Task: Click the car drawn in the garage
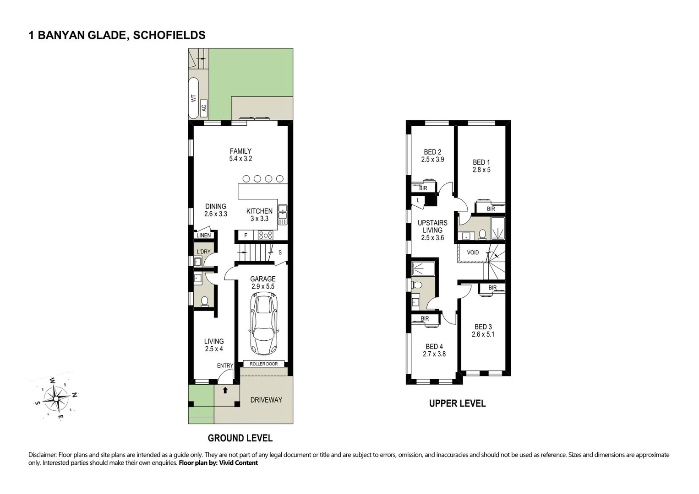coord(263,324)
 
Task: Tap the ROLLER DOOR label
coord(263,364)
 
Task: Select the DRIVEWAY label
coord(266,400)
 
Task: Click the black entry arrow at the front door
coord(225,390)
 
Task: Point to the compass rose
coord(55,398)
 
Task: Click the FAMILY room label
coord(240,151)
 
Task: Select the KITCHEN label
coord(259,211)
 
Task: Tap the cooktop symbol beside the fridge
coord(266,235)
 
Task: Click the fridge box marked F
coord(246,236)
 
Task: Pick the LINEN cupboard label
coord(204,236)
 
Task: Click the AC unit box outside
coord(204,108)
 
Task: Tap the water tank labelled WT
coord(194,98)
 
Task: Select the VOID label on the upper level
coord(473,252)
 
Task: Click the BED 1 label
coord(481,162)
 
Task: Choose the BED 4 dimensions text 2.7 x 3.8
coord(434,354)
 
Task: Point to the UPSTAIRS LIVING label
coord(432,226)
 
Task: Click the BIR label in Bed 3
coord(492,288)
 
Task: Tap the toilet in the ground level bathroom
coord(204,301)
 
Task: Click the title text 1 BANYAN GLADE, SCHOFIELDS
coord(117,35)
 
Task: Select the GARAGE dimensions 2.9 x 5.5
coord(263,286)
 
